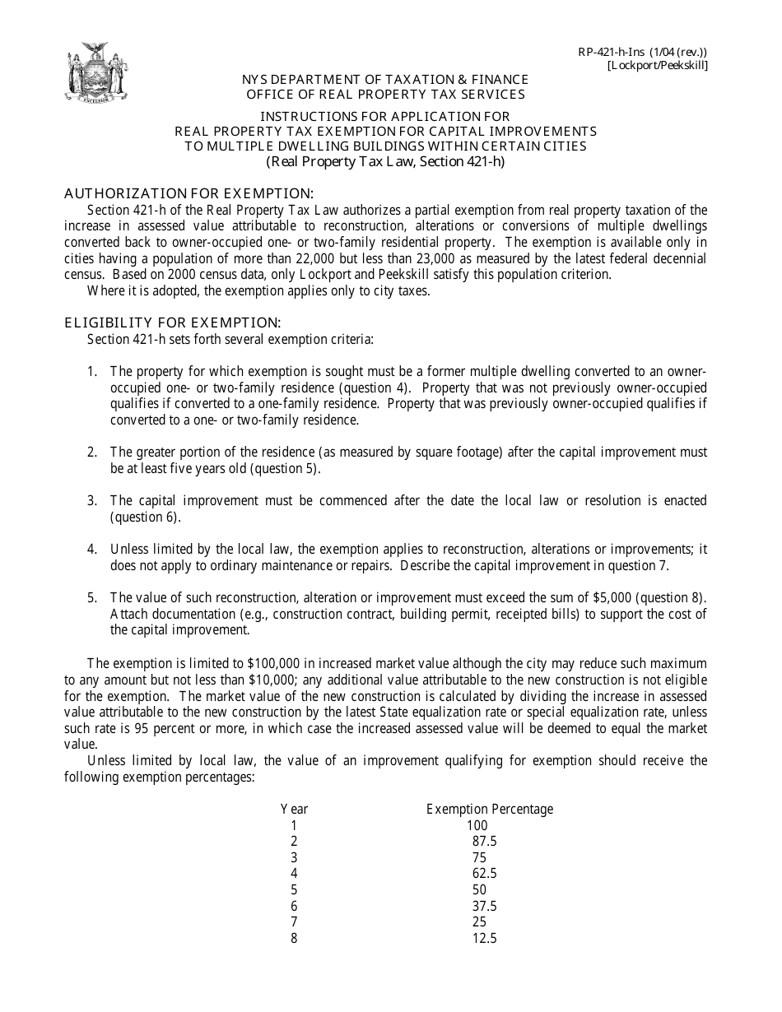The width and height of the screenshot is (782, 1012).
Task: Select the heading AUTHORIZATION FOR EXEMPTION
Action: pyautogui.click(x=189, y=194)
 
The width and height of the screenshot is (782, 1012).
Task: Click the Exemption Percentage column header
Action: pyautogui.click(x=490, y=810)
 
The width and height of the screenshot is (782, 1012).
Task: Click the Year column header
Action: pyautogui.click(x=294, y=810)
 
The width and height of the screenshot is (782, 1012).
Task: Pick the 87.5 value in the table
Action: pyautogui.click(x=484, y=842)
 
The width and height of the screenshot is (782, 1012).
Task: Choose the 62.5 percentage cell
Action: pyautogui.click(x=484, y=874)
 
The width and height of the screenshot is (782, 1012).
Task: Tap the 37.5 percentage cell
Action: pyautogui.click(x=484, y=906)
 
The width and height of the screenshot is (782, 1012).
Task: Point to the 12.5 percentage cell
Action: pyautogui.click(x=484, y=938)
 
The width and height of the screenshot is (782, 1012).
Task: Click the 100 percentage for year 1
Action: pyautogui.click(x=477, y=825)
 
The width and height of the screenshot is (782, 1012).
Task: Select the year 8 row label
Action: pyautogui.click(x=294, y=938)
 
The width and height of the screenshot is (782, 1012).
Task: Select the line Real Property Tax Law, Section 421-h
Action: pyautogui.click(x=384, y=162)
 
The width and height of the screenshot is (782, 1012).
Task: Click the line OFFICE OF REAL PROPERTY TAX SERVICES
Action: pyautogui.click(x=385, y=94)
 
